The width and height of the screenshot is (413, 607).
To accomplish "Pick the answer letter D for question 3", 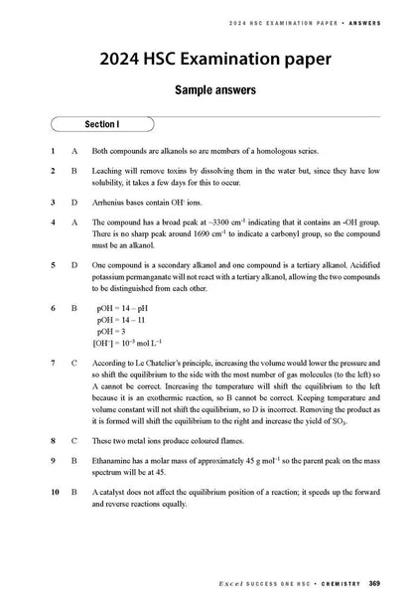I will click(x=74, y=203).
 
